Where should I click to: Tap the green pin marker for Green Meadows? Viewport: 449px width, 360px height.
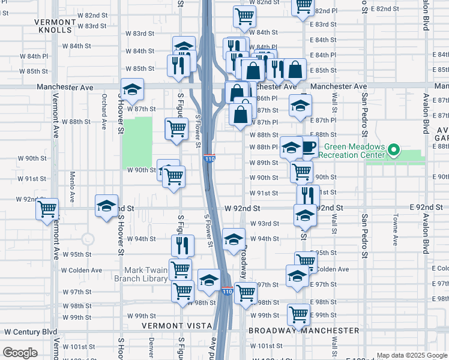394,149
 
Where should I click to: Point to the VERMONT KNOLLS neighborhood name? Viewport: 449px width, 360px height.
55,26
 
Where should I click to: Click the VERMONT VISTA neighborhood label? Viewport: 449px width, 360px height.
177,325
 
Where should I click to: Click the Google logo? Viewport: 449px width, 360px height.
20,353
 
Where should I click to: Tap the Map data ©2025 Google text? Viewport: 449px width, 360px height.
412,355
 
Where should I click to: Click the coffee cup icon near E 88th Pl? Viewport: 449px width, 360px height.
309,146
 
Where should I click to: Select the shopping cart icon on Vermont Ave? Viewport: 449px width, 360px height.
47,209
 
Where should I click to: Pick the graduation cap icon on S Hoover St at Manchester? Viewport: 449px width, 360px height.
132,89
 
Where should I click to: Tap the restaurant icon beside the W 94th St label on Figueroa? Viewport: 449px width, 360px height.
182,245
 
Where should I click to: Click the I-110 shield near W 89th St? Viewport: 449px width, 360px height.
209,158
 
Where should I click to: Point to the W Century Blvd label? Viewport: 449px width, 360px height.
30,331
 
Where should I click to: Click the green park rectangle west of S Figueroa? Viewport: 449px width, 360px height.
137,142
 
